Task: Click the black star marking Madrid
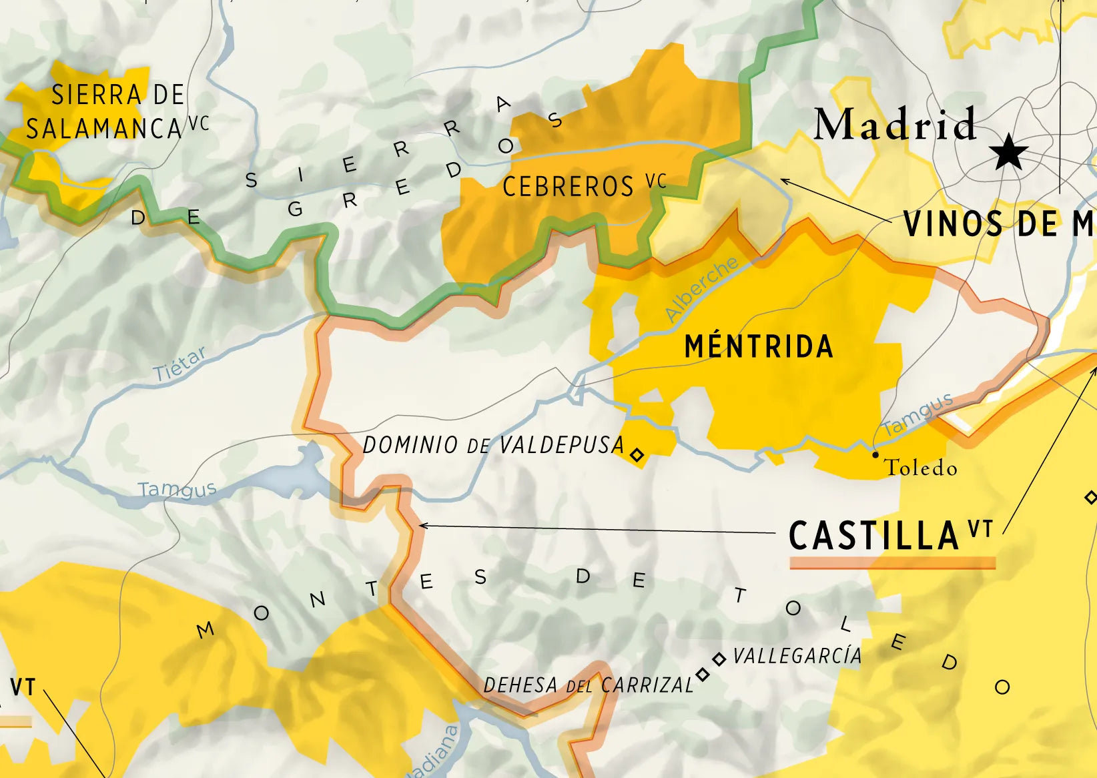coord(1008,153)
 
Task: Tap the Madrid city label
coord(895,124)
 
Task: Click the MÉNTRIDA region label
coord(759,346)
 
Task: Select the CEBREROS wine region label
coord(568,187)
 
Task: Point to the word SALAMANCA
coord(103,129)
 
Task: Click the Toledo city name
coord(921,468)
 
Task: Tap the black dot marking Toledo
coord(875,454)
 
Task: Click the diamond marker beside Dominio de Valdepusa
coord(637,455)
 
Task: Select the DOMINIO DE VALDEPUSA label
coord(493,446)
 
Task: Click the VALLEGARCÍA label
coord(797,657)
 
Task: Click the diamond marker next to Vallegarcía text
coord(719,659)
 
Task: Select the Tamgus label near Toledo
coord(918,414)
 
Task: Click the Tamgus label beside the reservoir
coord(177,490)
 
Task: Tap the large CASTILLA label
coord(873,536)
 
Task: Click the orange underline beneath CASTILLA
coord(892,563)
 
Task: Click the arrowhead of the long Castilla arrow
coord(422,526)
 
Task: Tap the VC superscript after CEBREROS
coord(656,181)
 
